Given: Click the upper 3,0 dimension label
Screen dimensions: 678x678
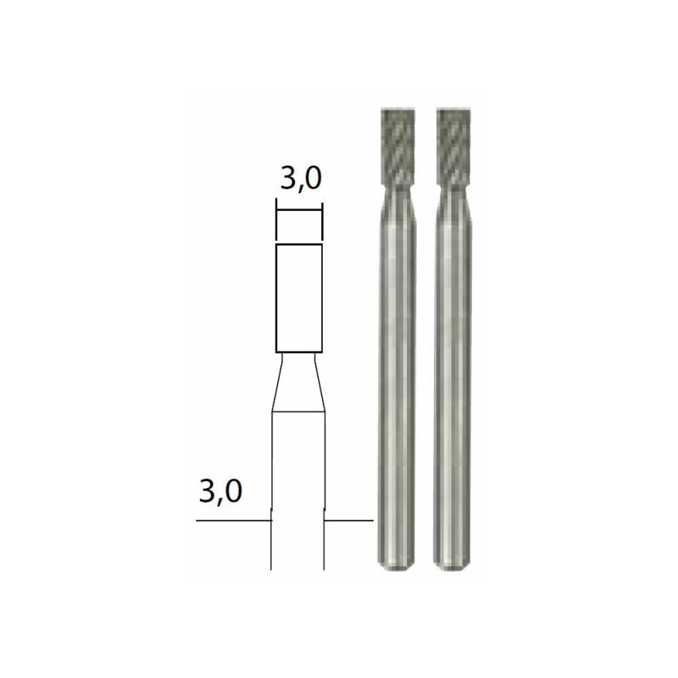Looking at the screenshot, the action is pos(301,180).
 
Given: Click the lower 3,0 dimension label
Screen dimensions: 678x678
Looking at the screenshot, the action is pos(220,492).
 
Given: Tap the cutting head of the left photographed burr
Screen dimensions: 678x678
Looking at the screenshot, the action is pos(398,146).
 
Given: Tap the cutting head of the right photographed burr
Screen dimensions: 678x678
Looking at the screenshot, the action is pos(454,146).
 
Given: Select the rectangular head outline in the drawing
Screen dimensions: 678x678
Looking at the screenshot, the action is pos(299,298).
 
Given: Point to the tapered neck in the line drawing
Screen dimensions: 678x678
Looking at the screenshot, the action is pos(298,382).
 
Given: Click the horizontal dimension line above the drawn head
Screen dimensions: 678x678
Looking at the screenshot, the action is pos(299,210).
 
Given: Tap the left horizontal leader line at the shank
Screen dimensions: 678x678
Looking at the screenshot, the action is pos(234,520).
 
